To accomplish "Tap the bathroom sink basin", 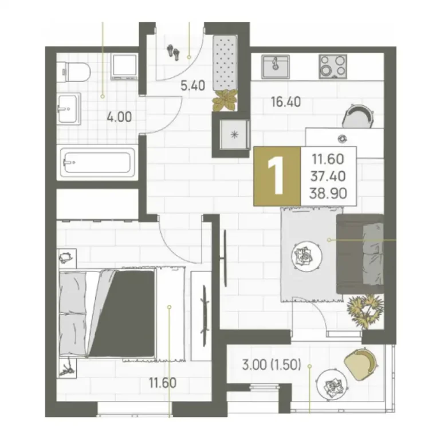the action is (x=69, y=109).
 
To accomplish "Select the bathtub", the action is (x=97, y=163).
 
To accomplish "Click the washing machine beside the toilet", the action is (x=124, y=66).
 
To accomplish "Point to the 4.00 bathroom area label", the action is (x=119, y=117).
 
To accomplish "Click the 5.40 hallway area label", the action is (x=192, y=85).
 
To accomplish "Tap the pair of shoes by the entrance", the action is (x=173, y=52).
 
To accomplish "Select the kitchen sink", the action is (x=275, y=66).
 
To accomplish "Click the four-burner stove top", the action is (x=333, y=66).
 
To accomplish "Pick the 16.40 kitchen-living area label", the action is (x=286, y=101).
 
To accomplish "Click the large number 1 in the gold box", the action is (x=277, y=176).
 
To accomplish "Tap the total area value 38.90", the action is (x=328, y=194).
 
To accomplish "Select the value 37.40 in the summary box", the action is (x=328, y=176).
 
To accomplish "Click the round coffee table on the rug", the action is (x=307, y=256).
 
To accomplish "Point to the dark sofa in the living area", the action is (x=360, y=254).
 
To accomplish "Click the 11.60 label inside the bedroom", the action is (x=163, y=383).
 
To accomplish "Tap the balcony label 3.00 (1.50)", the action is (x=272, y=366).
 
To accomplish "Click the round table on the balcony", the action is (x=331, y=384).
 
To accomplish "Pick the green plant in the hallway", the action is (x=225, y=100).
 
